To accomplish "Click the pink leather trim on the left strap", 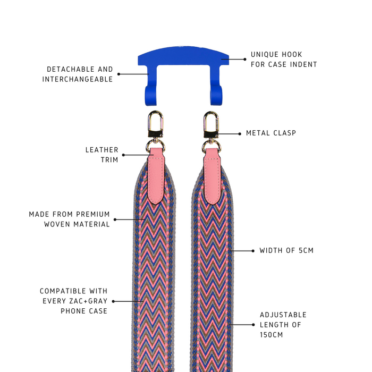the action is [156, 176].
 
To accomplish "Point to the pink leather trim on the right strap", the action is [213, 176].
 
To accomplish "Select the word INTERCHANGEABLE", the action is [78, 79].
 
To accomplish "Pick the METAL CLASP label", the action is [271, 133].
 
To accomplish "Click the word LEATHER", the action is [102, 150].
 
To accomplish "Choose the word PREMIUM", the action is [93, 214].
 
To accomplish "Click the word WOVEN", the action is [57, 224].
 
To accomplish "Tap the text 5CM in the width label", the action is [306, 250].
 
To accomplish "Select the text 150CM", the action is [272, 335].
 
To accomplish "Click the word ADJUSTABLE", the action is [283, 315].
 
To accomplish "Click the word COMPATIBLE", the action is [63, 291].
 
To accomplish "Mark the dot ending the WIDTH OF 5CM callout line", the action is [253, 251].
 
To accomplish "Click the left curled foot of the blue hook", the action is [151, 96].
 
